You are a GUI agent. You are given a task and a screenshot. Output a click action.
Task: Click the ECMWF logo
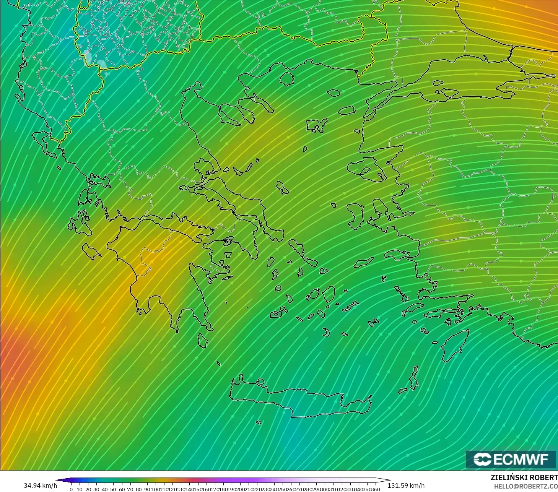(x=511, y=459)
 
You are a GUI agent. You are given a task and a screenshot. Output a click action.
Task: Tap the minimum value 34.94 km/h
(x=40, y=486)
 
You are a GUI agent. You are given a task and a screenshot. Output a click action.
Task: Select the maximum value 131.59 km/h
(x=406, y=486)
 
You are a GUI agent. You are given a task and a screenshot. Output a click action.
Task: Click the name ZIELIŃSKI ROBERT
(x=524, y=477)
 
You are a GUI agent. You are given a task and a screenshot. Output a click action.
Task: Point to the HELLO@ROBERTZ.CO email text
(x=526, y=486)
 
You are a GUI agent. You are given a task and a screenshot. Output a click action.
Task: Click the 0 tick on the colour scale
(x=71, y=489)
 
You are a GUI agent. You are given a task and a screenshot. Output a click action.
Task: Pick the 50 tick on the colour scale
(x=113, y=489)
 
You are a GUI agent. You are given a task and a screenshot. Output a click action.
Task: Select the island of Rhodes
(x=455, y=346)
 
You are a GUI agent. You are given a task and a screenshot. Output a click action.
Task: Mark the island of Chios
(x=356, y=216)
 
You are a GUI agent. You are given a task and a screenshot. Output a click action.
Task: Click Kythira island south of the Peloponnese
(x=203, y=340)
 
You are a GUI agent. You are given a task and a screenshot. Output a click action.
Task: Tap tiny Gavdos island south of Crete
(x=259, y=423)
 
